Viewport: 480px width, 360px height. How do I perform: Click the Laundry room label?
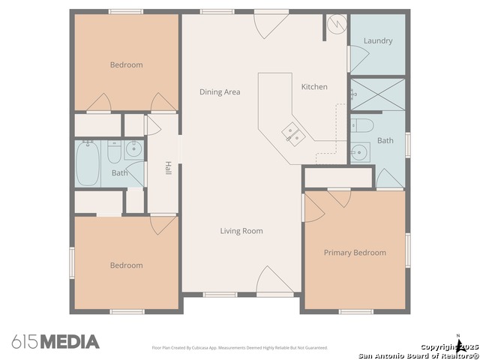pos(378,40)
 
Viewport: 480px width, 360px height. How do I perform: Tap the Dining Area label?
pos(220,92)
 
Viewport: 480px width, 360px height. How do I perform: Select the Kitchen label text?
pos(314,87)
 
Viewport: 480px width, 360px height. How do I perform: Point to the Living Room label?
pos(241,231)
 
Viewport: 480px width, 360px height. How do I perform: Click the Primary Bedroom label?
pos(355,253)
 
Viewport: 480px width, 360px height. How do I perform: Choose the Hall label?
pos(169,169)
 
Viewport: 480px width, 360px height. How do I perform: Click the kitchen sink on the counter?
pos(292,134)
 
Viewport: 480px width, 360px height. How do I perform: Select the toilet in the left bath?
pos(114,153)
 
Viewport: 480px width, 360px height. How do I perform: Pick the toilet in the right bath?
pos(361,124)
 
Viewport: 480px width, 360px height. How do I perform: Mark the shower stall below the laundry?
pos(377,95)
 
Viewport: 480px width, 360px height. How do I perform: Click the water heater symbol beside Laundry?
pos(337,25)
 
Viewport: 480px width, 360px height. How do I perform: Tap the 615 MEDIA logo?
pos(55,342)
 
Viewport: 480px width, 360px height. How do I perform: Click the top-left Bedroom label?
pos(126,65)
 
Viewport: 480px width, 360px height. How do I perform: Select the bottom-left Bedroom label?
pos(126,265)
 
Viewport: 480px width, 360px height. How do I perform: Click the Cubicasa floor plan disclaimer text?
pos(239,348)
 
